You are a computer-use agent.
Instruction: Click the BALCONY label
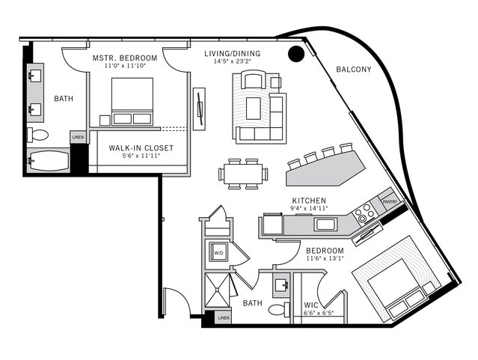point(354,70)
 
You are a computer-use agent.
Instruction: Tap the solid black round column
point(296,53)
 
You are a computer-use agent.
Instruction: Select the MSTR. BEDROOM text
point(125,58)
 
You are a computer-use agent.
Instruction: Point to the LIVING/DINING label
point(233,53)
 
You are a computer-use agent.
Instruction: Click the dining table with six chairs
point(242,174)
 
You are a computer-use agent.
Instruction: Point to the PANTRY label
point(390,201)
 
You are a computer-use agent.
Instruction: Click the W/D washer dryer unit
point(219,253)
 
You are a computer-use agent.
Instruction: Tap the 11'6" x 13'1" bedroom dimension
point(323,259)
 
